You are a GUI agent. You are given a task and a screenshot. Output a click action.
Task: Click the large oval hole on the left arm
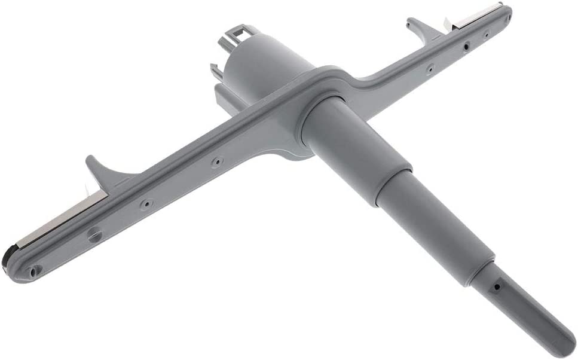point(94,236)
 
